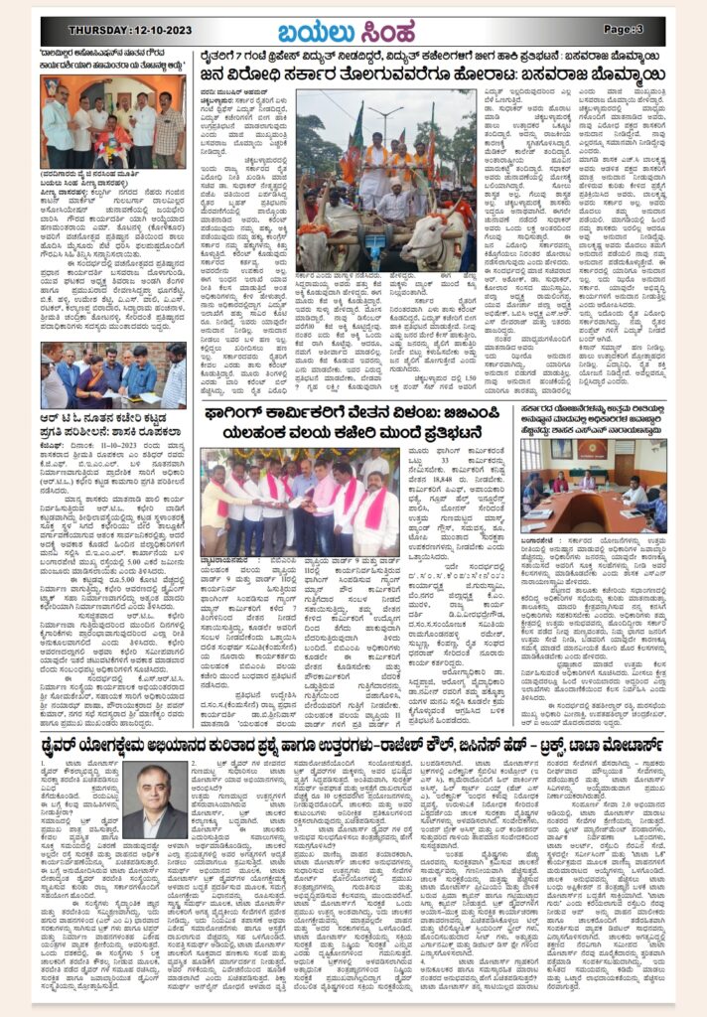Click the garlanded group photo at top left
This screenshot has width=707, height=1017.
(x=112, y=122)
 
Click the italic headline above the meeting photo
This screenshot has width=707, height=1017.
(x=595, y=419)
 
